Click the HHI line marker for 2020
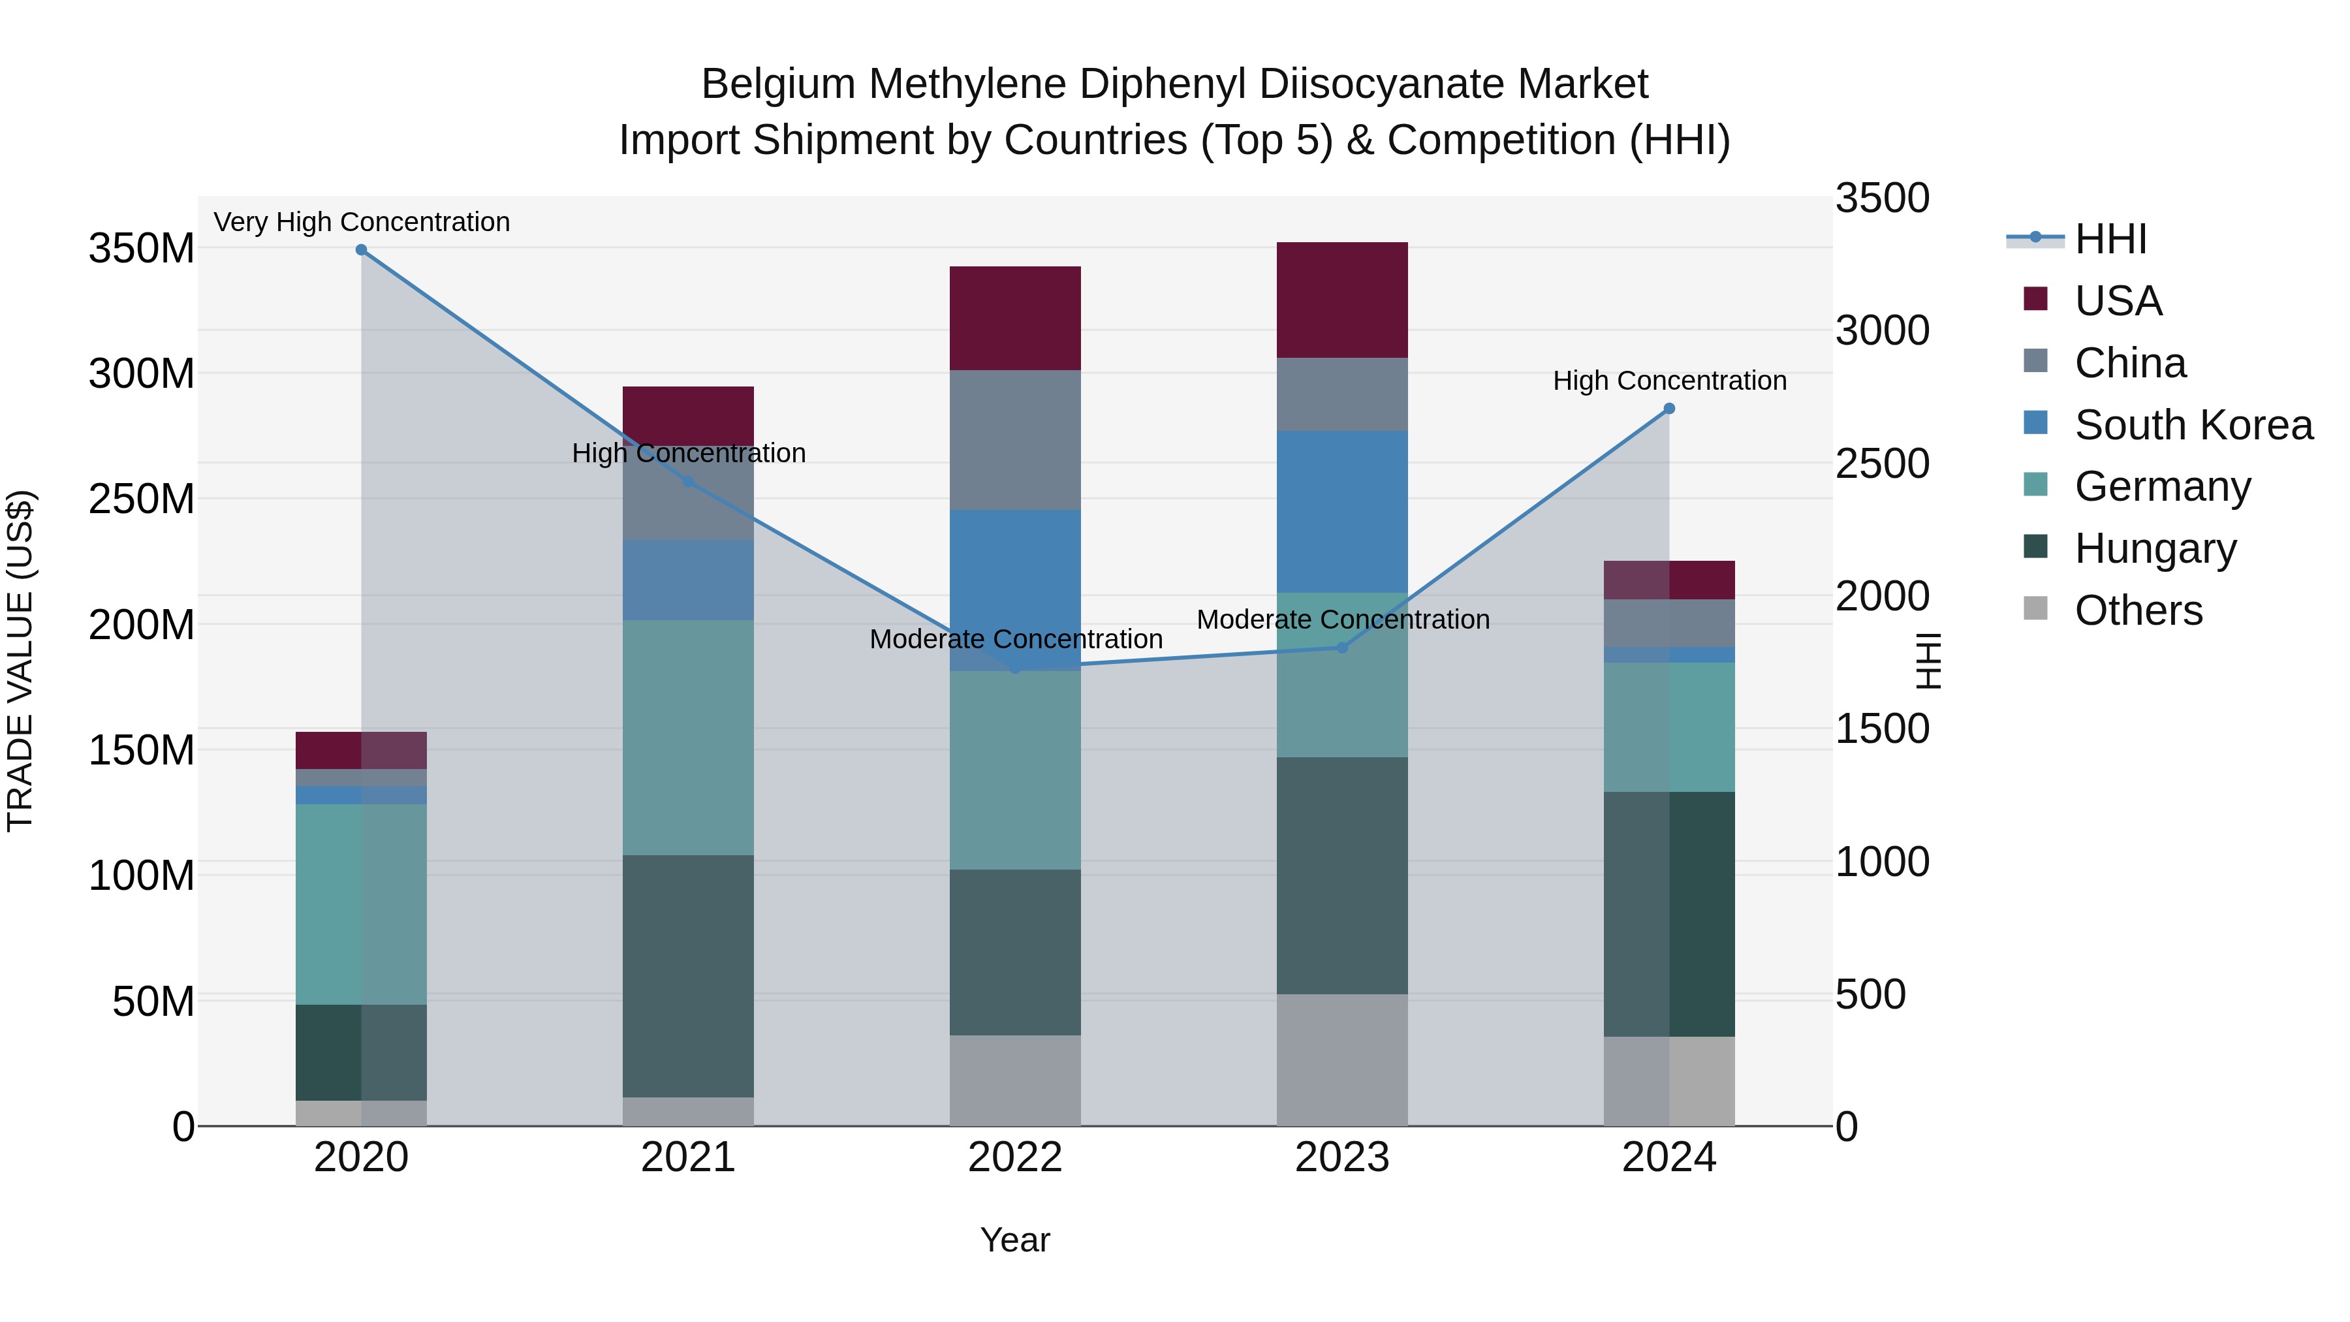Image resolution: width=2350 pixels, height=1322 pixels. pyautogui.click(x=361, y=250)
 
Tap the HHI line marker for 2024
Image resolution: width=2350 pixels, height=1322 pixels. pyautogui.click(x=1669, y=409)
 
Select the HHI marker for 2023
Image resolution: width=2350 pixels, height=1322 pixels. pyautogui.click(x=1342, y=648)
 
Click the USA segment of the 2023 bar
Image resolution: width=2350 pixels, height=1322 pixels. pyautogui.click(x=1342, y=300)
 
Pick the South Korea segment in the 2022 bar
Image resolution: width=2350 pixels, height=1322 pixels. pyautogui.click(x=1015, y=590)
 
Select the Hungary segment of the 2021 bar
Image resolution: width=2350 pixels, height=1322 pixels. pyautogui.click(x=688, y=976)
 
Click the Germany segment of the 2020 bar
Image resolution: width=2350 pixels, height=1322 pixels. pyautogui.click(x=361, y=904)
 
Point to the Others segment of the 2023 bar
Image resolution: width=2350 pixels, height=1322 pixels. pyautogui.click(x=1342, y=1060)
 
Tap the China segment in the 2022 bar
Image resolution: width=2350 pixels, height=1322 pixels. pyautogui.click(x=1015, y=440)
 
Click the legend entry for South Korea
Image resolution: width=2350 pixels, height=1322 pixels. pyautogui.click(x=2193, y=425)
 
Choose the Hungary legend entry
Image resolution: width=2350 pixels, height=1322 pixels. pyautogui.click(x=2155, y=548)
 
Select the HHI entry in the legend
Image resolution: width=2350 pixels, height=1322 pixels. pyautogui.click(x=2110, y=239)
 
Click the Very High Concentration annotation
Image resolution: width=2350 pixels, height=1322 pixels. pyautogui.click(x=361, y=223)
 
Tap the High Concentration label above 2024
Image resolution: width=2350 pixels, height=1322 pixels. pyautogui.click(x=1669, y=381)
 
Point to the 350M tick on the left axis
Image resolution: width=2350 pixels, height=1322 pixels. pyautogui.click(x=142, y=248)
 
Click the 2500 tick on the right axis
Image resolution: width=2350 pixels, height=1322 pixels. pyautogui.click(x=1882, y=464)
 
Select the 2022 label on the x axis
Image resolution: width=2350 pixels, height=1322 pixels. pyautogui.click(x=1015, y=1157)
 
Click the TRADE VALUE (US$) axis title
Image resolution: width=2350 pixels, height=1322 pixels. pyautogui.click(x=20, y=661)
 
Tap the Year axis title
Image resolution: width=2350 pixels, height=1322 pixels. pyautogui.click(x=1014, y=1240)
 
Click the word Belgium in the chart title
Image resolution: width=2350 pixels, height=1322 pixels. pyautogui.click(x=778, y=84)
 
